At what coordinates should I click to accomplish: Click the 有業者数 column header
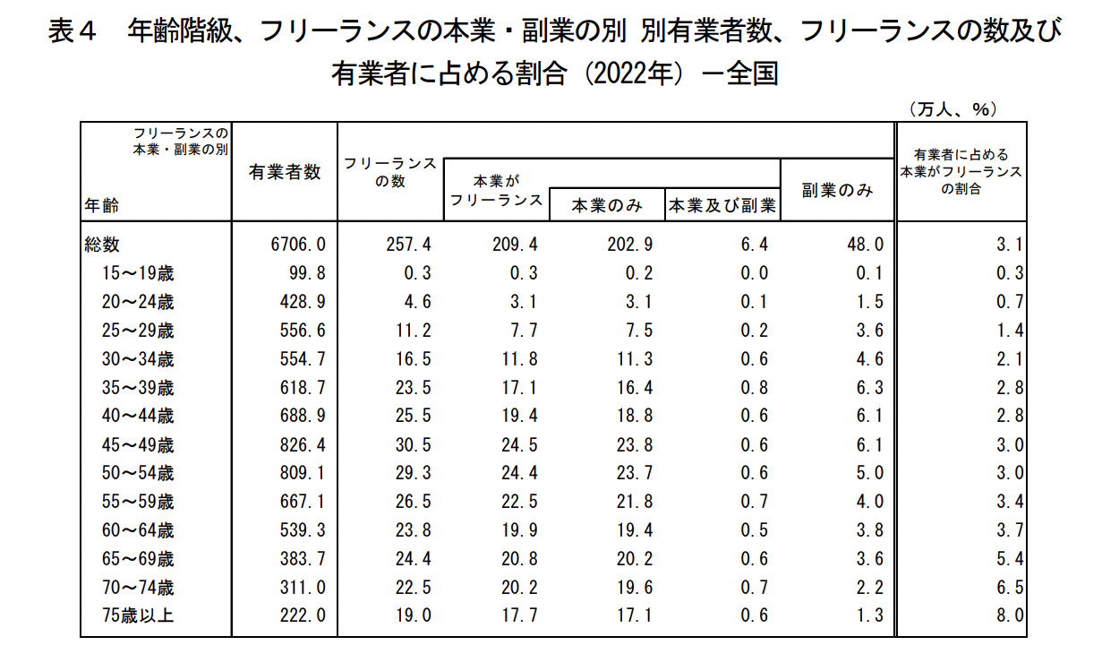pyautogui.click(x=285, y=173)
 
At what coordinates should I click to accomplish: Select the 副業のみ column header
pyautogui.click(x=837, y=190)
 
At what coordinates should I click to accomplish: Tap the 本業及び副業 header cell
pyautogui.click(x=722, y=206)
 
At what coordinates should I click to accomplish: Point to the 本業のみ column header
pyautogui.click(x=607, y=206)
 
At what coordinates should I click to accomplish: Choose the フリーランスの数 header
pyautogui.click(x=389, y=172)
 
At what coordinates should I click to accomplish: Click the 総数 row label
pyautogui.click(x=103, y=244)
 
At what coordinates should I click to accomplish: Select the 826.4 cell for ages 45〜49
pyautogui.click(x=301, y=444)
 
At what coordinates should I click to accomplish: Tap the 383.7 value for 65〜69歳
pyautogui.click(x=301, y=559)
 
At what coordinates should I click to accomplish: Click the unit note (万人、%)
pyautogui.click(x=952, y=109)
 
